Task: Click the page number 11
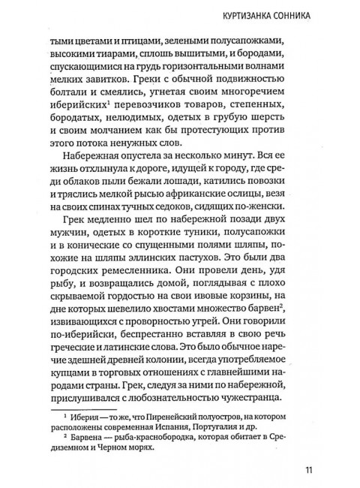(309, 471)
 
